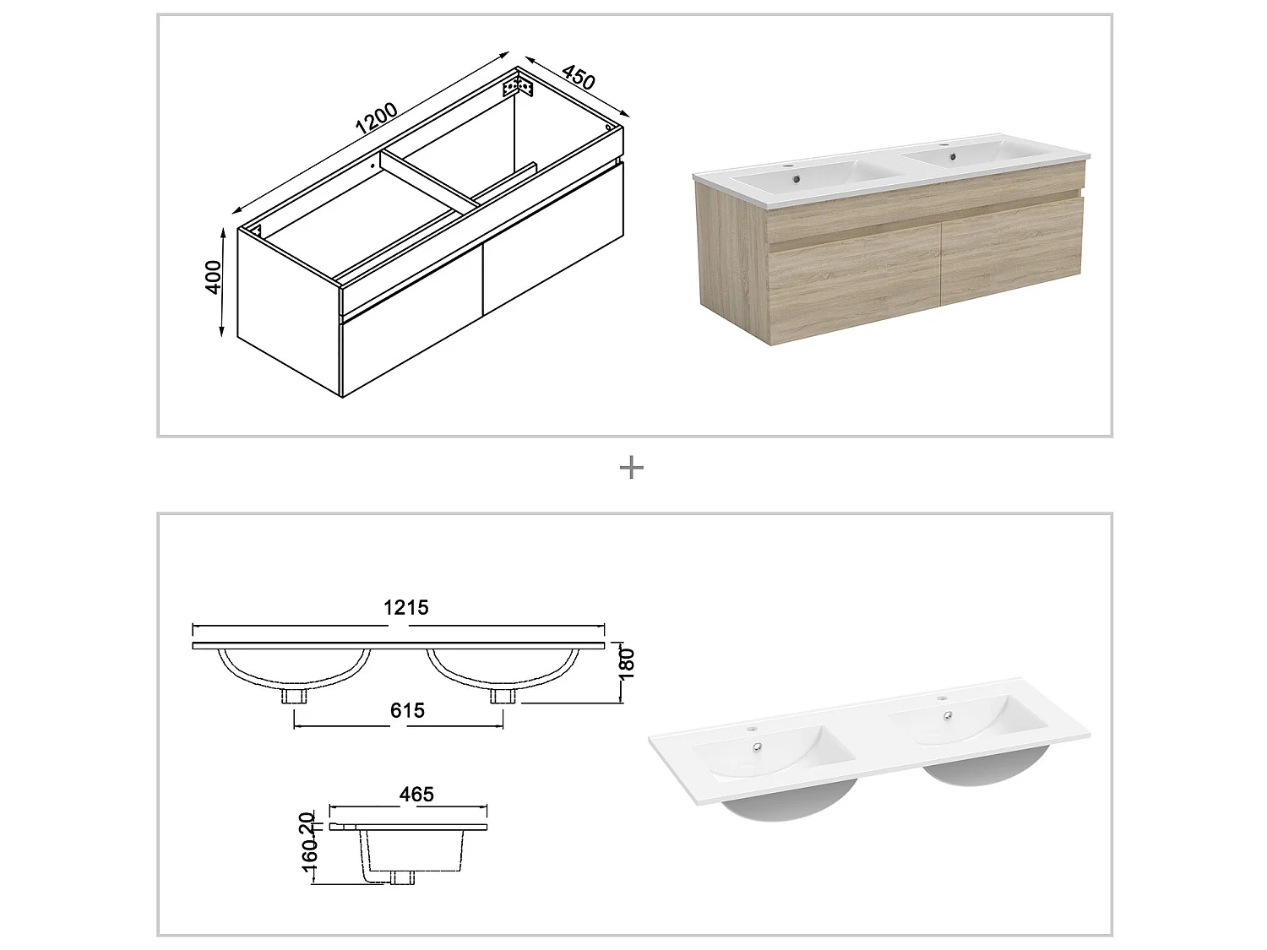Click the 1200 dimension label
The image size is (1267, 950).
(377, 118)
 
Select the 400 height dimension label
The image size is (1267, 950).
(214, 278)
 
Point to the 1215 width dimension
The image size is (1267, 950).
(406, 607)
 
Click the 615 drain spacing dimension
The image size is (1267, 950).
(407, 710)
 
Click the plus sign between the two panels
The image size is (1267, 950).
(632, 467)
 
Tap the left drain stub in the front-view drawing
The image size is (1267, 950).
(294, 695)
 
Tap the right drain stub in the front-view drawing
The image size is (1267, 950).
(503, 695)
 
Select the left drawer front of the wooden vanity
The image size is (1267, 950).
(855, 282)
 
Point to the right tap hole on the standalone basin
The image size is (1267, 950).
(938, 698)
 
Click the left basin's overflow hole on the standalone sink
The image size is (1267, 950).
(759, 746)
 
